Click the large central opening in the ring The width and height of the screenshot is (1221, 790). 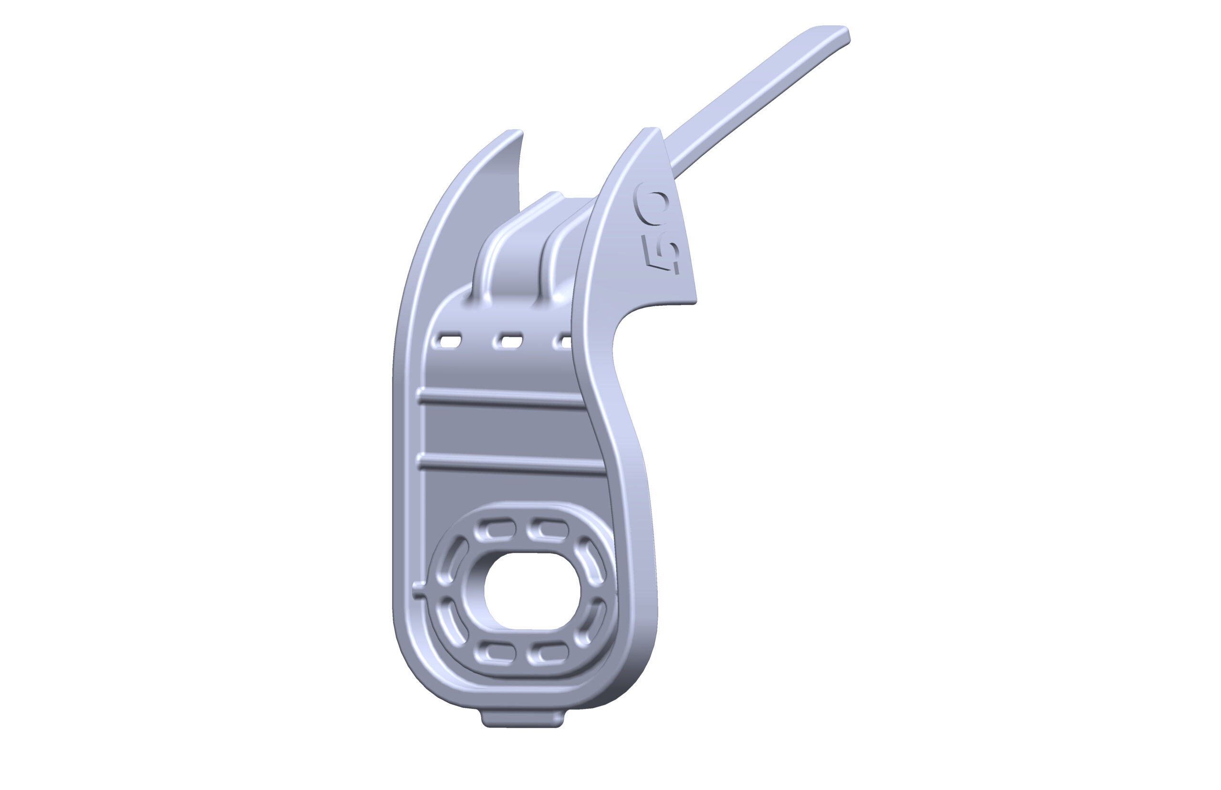(532, 591)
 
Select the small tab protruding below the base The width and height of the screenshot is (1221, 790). (522, 717)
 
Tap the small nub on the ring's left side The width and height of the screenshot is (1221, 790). (419, 591)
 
